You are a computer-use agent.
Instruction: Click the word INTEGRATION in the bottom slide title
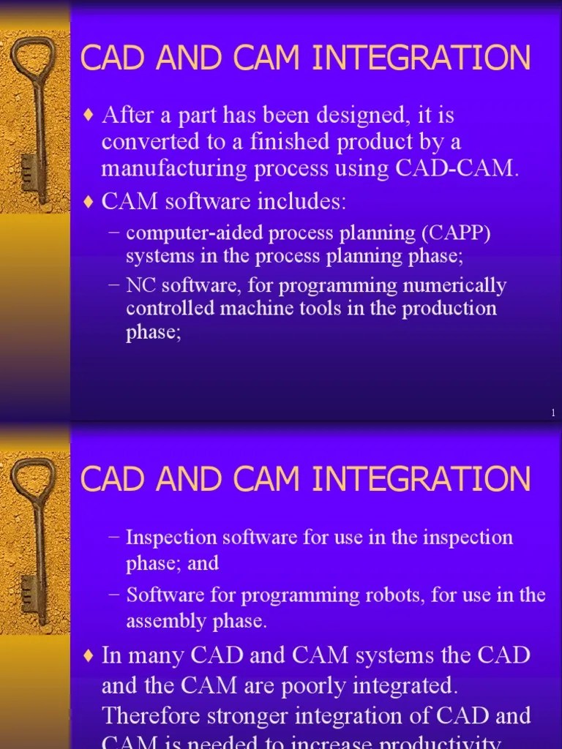pos(421,480)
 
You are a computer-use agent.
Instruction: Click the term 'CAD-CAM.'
pos(457,169)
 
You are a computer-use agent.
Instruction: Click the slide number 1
pos(553,415)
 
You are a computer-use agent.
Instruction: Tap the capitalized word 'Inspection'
pos(173,538)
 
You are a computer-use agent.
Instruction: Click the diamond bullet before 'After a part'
pos(89,116)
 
